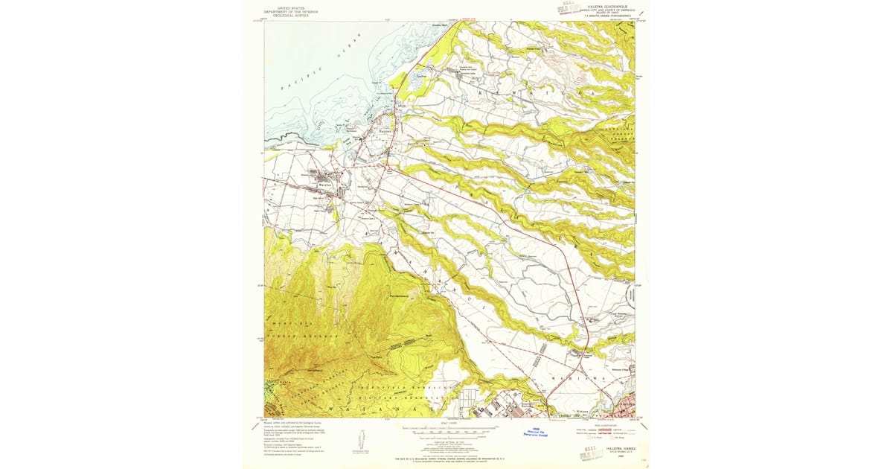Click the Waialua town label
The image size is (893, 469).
[x=325, y=185]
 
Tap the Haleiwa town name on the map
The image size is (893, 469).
[x=385, y=130]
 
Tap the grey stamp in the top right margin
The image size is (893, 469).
[x=570, y=10]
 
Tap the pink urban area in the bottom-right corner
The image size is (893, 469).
[x=624, y=406]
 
